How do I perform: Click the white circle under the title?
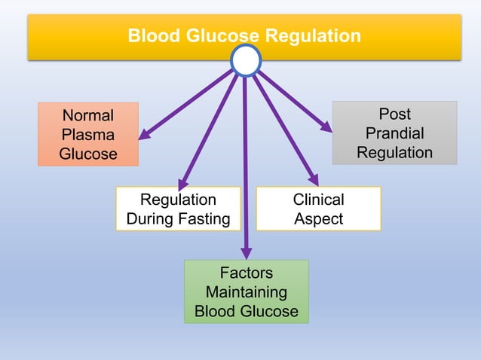246,60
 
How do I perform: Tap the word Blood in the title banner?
150,35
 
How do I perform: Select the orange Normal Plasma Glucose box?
88,135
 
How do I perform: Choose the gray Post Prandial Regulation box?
394,133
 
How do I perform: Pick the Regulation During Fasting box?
178,209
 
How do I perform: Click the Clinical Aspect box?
318,209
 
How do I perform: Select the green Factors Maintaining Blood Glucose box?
246,291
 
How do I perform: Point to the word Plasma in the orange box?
88,135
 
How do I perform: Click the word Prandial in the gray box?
394,133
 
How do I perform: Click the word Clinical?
318,200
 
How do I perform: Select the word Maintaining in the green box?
246,291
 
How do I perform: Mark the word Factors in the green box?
246,273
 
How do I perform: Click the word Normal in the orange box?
88,116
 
